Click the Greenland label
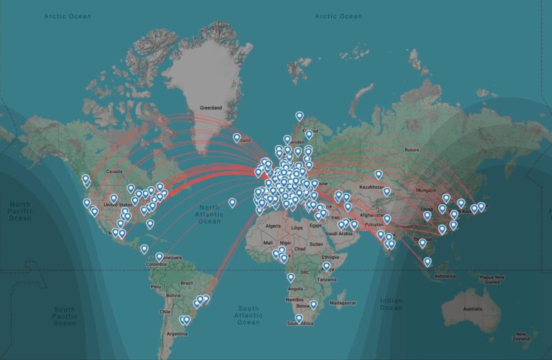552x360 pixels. (x=210, y=108)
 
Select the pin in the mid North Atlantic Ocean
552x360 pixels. (x=233, y=203)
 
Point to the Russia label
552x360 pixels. (x=412, y=150)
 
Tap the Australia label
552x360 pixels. (x=473, y=308)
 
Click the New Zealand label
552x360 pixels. (x=521, y=336)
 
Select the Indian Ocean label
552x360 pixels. (x=391, y=303)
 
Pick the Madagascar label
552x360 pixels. (x=343, y=303)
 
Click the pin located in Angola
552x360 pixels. (x=290, y=277)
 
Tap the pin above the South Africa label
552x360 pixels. (x=298, y=318)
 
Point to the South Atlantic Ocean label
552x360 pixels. (x=248, y=315)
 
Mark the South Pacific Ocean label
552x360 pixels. (x=65, y=316)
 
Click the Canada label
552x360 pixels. (x=114, y=171)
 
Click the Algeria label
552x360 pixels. (x=274, y=226)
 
